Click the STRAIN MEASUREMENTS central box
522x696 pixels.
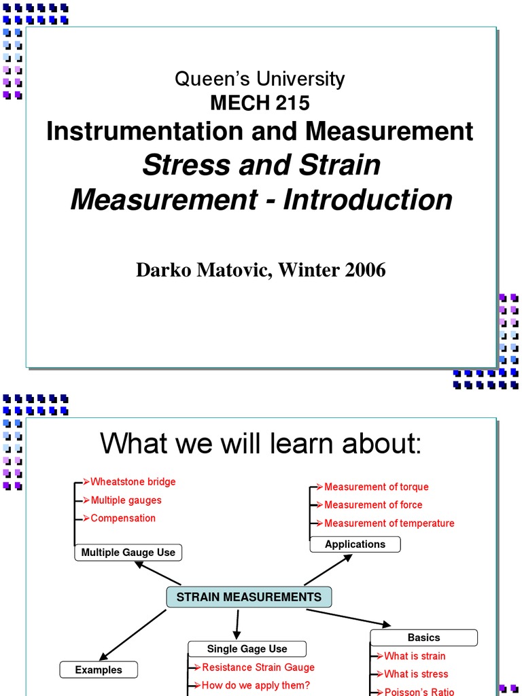coord(249,597)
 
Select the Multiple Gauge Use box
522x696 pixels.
coord(128,553)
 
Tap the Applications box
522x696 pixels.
coord(355,544)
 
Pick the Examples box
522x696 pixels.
coord(99,669)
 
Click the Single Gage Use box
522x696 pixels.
coord(247,649)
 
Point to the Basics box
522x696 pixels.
coord(424,638)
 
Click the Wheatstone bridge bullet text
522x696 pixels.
coord(133,482)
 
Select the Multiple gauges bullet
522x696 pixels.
coord(126,500)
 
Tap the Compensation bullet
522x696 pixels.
coord(123,518)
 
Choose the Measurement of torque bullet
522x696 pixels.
coord(377,487)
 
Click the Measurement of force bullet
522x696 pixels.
coord(373,505)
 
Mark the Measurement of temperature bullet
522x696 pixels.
coord(389,523)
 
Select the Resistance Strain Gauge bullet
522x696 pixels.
coord(258,667)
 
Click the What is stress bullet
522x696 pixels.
coord(417,674)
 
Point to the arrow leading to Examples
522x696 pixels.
coord(133,636)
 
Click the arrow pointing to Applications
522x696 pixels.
coord(328,570)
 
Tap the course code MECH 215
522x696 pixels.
coord(260,103)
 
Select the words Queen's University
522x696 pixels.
coord(260,79)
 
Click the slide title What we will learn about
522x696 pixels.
coord(260,443)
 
